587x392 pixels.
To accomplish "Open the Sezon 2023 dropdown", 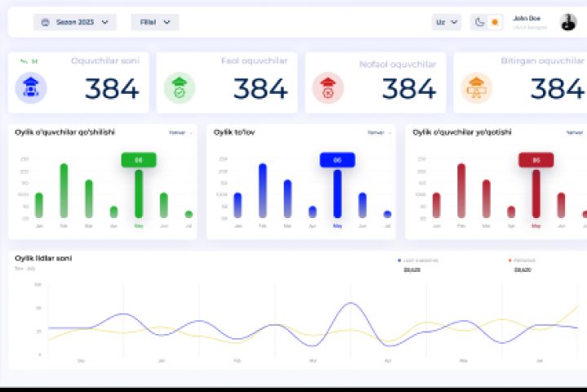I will tap(74, 22).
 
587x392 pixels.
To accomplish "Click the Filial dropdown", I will tap(155, 22).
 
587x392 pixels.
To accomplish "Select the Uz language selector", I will tap(446, 22).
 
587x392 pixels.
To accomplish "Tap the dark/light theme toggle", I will tap(487, 22).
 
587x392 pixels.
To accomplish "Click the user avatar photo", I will tap(568, 22).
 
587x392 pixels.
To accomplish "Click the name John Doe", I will tap(526, 18).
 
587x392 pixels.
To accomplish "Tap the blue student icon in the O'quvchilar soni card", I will tap(31, 87).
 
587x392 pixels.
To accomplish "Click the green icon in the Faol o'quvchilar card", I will tap(179, 87).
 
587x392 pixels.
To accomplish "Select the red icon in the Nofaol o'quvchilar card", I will tap(328, 87).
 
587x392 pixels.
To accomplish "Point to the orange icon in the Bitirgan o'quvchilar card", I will tap(476, 87).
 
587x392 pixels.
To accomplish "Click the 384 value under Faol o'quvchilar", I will tap(260, 88).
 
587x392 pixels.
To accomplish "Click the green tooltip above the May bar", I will tap(139, 160).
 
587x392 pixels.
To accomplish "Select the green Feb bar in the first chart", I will tap(64, 190).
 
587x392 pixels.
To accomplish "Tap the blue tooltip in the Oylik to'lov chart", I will tap(338, 160).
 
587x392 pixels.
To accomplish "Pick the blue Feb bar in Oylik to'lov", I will tap(263, 190).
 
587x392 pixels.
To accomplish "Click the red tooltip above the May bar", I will tap(536, 160).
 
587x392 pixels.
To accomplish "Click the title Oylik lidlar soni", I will tap(43, 258).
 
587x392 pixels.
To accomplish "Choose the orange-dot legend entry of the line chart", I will tap(529, 261).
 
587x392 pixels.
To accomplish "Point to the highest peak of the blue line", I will tap(351, 303).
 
